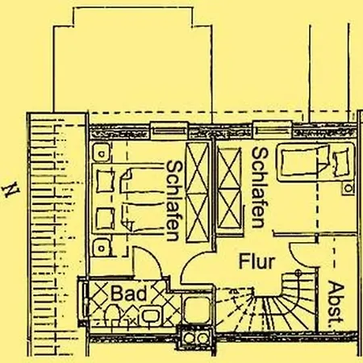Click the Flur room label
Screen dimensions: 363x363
pos(257,261)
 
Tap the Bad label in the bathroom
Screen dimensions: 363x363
pos(129,294)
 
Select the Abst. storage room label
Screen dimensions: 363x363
pos(336,302)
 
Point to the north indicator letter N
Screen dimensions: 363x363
pos(11,190)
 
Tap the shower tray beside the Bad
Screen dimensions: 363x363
pos(198,309)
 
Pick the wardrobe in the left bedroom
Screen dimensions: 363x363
pos(198,192)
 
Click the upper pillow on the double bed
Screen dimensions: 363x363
pos(105,181)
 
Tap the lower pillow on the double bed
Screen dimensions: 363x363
pos(105,219)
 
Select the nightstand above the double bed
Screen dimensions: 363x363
pos(101,152)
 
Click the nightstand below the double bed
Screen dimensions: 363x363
pos(102,247)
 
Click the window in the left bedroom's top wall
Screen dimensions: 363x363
pos(169,131)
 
